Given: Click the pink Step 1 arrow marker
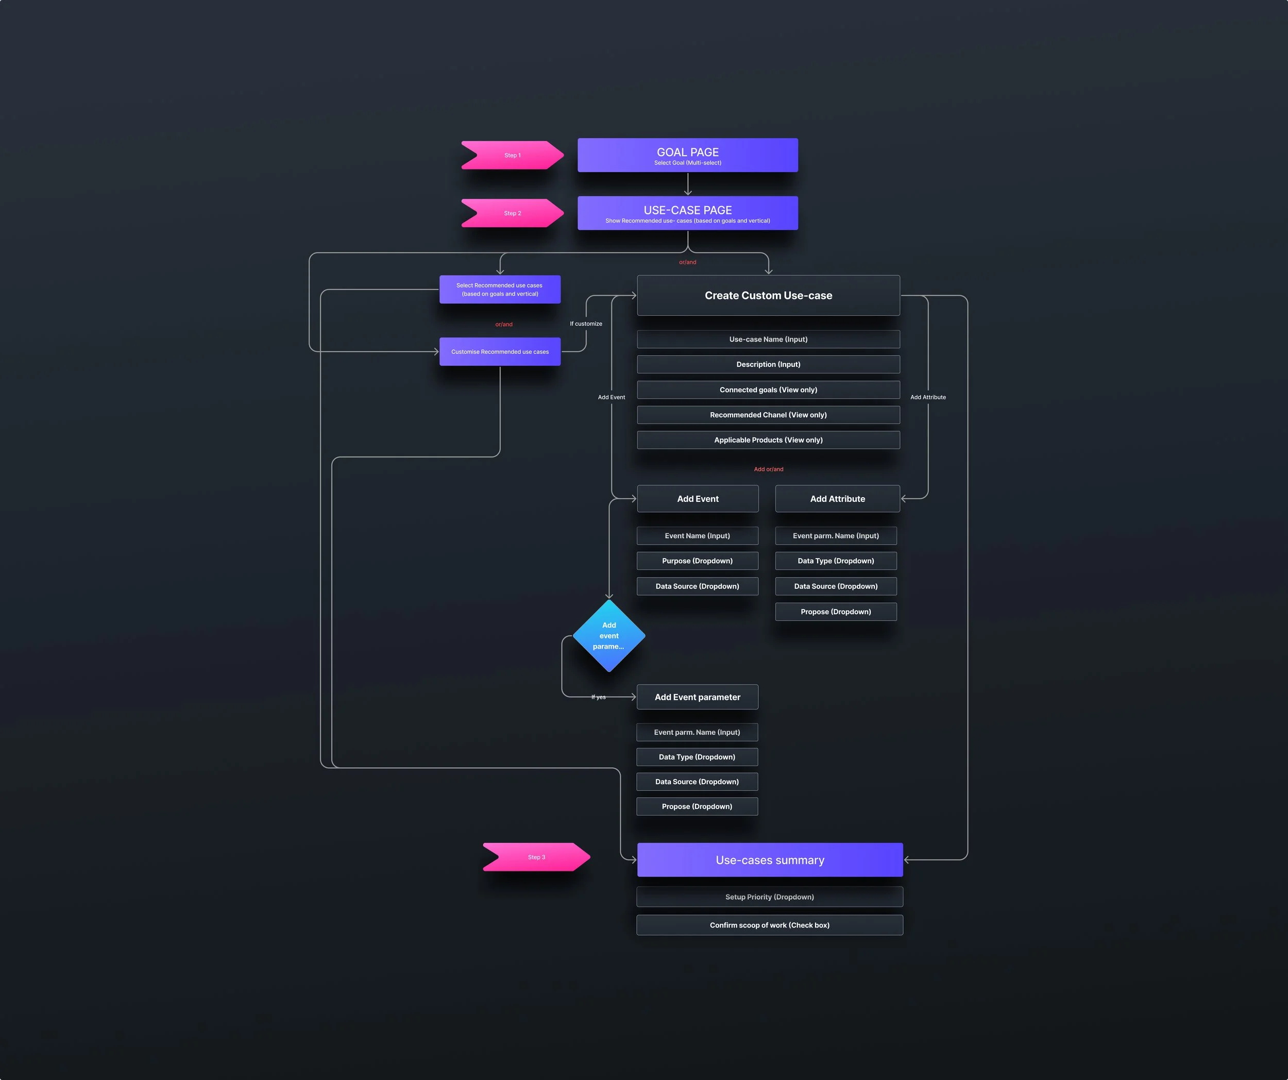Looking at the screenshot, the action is coord(512,155).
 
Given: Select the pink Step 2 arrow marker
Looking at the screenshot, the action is coord(512,213).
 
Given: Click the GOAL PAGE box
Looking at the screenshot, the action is coord(688,155).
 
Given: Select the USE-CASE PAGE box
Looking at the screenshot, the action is coord(688,213).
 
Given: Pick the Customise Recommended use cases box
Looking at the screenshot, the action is coord(500,352).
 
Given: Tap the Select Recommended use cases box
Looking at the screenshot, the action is coord(500,290).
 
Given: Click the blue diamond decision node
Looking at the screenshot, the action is coord(608,636).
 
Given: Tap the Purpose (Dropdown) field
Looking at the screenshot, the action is coord(698,561).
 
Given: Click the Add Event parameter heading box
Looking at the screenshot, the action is coord(698,697).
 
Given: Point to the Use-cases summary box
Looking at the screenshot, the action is coord(770,860).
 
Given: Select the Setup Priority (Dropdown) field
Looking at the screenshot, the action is coord(770,897).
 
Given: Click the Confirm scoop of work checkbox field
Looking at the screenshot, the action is coord(770,925).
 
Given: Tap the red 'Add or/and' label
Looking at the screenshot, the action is coord(769,469).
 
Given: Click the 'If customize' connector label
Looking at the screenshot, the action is coord(586,324).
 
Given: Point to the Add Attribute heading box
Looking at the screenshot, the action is coord(837,499).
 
